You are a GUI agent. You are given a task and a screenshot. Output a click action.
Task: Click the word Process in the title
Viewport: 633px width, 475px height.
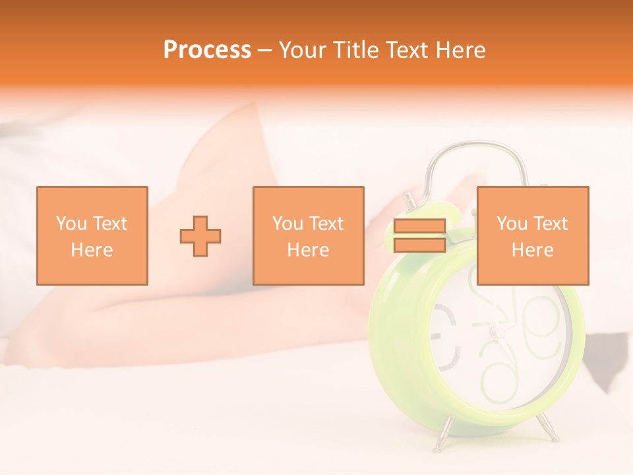pos(207,50)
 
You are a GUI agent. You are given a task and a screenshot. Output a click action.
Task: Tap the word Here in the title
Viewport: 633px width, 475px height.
pos(458,50)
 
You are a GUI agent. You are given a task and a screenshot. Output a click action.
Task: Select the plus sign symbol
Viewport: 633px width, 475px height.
pos(200,236)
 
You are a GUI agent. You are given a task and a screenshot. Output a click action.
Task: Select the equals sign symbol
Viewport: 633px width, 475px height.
pos(419,236)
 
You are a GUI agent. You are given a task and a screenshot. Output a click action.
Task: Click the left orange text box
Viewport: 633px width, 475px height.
pos(92,236)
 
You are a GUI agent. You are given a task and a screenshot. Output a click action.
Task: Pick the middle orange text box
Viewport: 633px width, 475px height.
pos(309,236)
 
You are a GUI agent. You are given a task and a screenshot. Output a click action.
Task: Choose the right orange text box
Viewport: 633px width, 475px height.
pos(533,236)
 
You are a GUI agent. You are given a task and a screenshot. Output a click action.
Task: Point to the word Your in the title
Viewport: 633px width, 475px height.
pos(301,50)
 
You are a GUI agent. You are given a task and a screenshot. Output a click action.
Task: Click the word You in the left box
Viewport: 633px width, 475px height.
pos(71,224)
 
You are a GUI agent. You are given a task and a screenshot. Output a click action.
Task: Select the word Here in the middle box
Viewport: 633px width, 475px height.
pos(309,250)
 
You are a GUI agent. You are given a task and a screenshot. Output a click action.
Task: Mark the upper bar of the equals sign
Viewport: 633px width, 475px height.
pos(419,226)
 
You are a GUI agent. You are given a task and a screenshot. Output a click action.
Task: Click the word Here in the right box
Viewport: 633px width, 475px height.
pos(533,250)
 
